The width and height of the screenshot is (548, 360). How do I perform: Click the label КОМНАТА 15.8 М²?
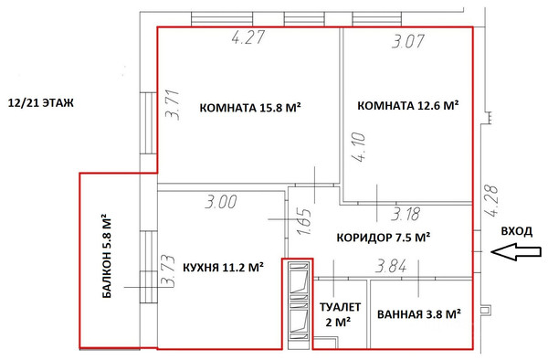249,107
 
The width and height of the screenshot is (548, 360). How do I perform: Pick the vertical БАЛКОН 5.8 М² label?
107,259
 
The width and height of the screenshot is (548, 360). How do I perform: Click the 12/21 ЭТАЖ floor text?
39,104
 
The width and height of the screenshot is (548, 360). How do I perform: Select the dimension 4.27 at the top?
248,40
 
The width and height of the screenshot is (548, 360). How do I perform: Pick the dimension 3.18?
406,214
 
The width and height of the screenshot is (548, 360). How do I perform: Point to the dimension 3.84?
394,266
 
